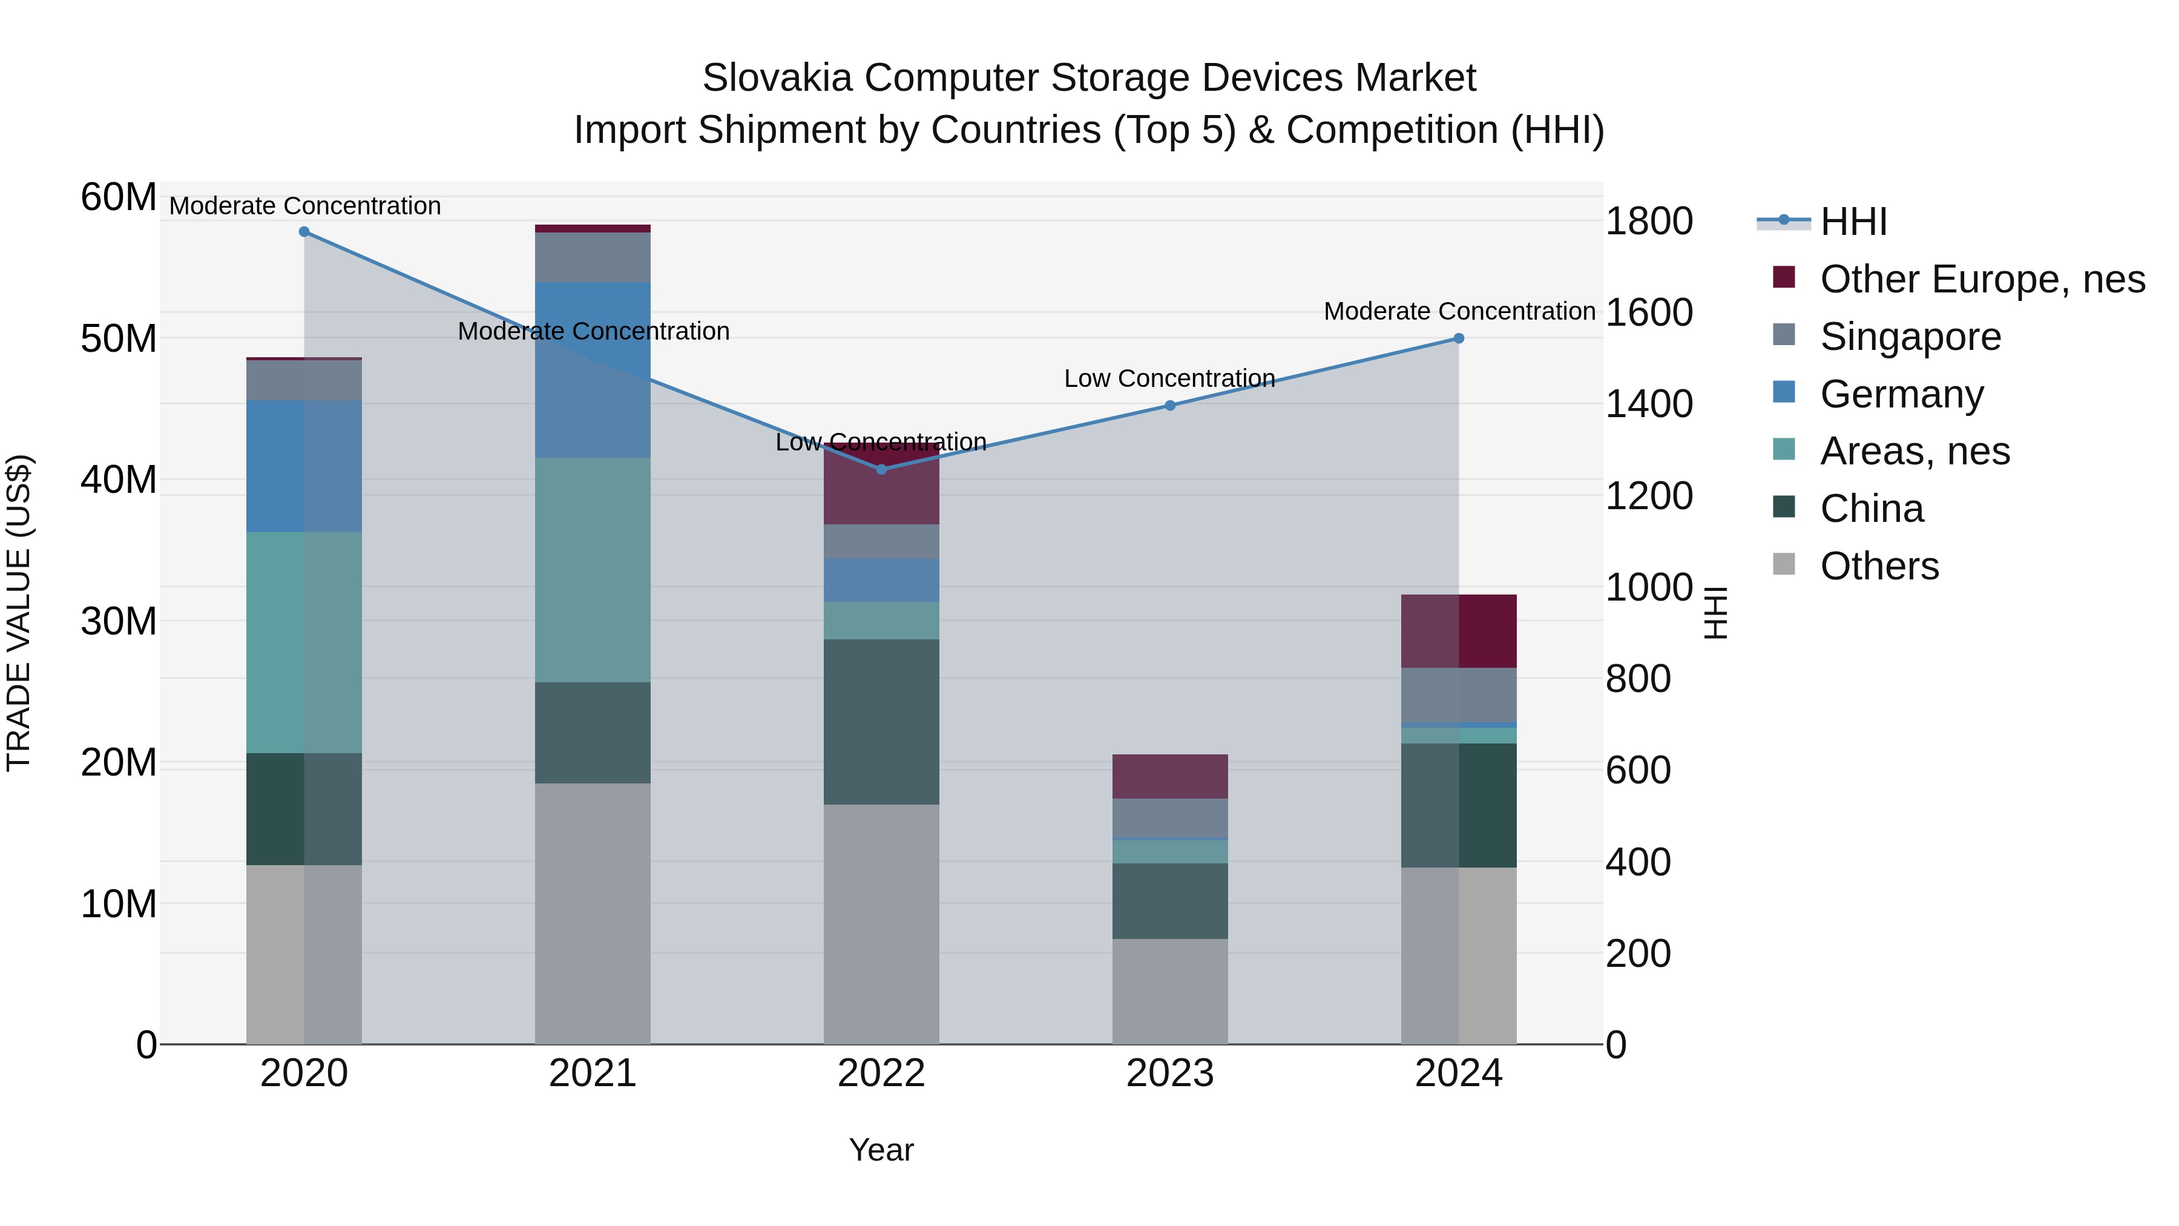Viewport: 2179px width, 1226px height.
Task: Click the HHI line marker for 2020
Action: pos(304,232)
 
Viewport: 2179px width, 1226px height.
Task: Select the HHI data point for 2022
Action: pos(881,470)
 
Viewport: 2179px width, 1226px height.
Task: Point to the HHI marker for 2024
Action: pos(1459,338)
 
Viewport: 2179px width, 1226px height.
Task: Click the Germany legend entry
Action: pos(1902,394)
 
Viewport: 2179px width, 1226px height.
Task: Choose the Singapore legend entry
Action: pos(1910,337)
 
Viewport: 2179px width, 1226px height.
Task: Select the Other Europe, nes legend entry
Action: pos(1982,279)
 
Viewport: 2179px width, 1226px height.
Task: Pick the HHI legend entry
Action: pos(1853,222)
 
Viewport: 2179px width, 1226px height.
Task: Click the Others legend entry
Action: pos(1879,566)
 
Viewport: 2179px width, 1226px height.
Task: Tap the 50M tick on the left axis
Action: pos(119,339)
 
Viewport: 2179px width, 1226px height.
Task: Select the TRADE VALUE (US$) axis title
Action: pos(19,613)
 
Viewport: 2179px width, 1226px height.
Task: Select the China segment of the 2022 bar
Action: pos(881,722)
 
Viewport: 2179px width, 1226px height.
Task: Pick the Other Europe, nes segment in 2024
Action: pos(1459,631)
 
